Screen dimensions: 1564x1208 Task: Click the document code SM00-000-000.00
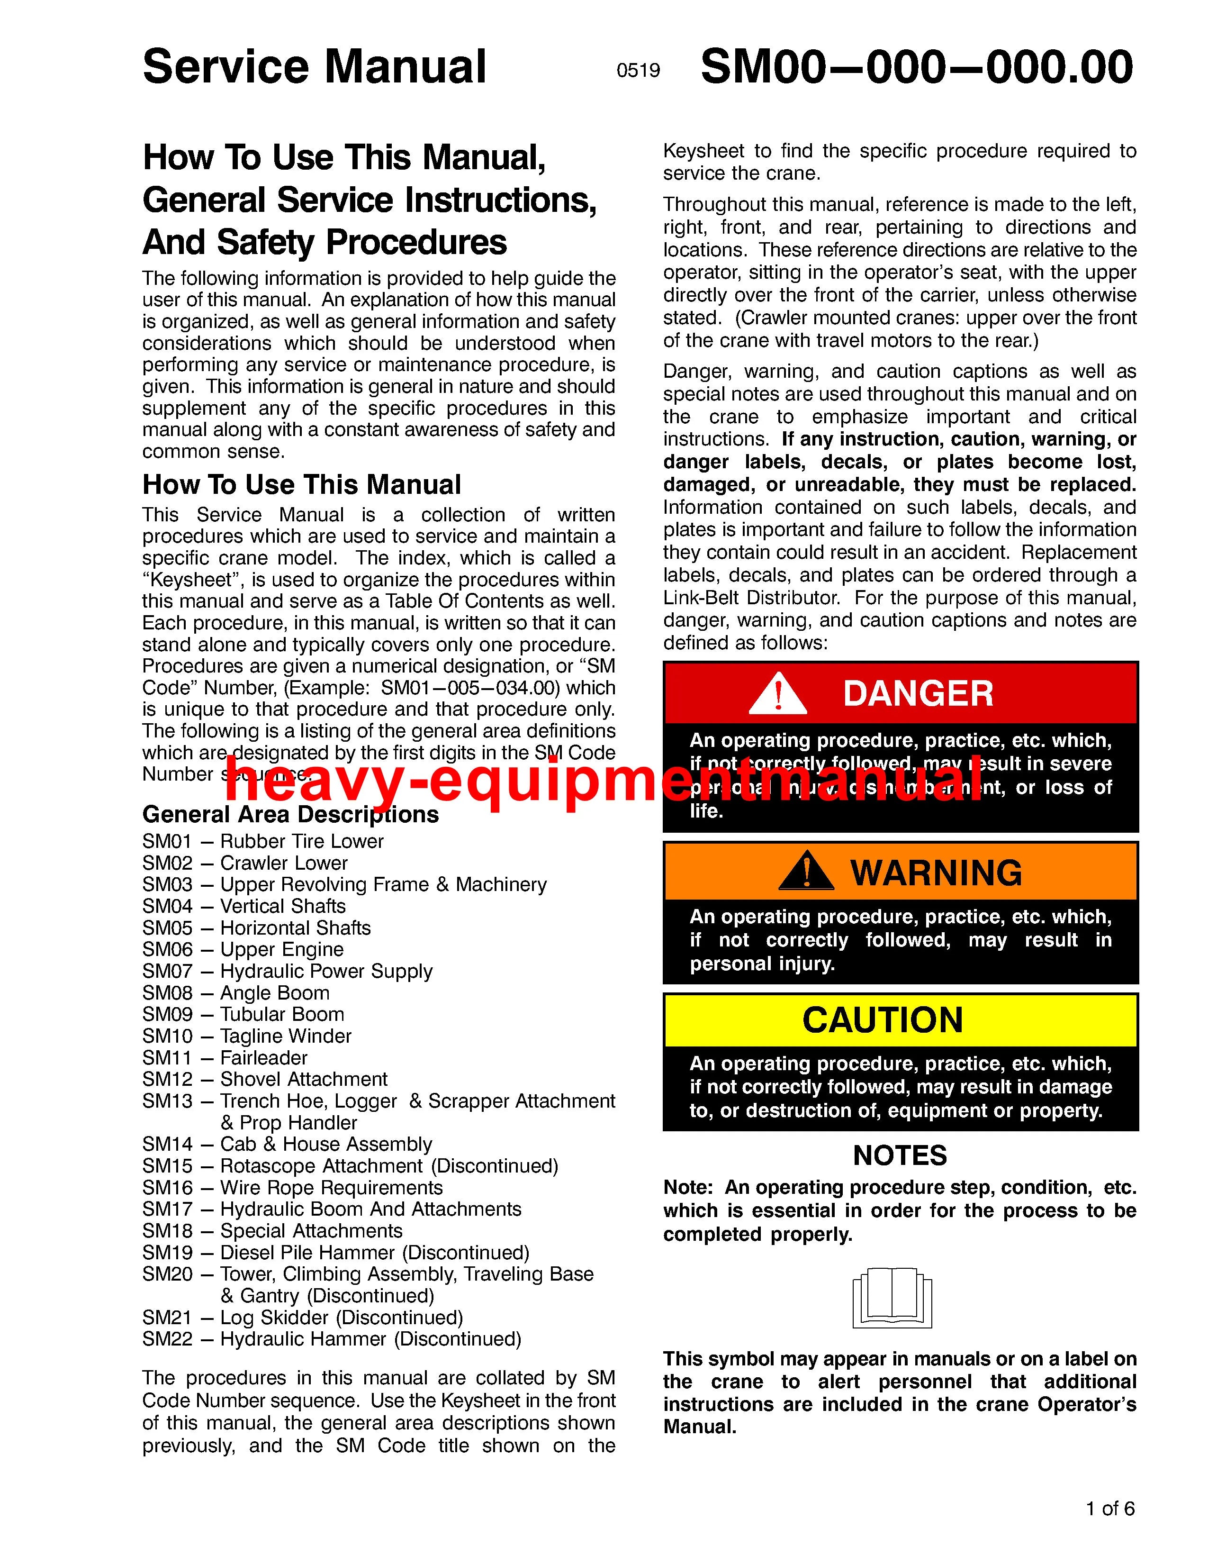[917, 67]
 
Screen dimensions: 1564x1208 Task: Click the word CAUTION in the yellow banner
[883, 1020]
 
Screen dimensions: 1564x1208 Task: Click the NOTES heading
[900, 1155]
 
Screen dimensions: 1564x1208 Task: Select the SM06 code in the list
[167, 950]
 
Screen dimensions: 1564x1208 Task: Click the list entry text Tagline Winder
[286, 1036]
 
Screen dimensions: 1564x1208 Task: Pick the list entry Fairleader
[263, 1058]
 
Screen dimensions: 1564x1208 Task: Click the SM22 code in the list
[167, 1339]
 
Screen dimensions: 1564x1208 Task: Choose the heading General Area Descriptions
[290, 814]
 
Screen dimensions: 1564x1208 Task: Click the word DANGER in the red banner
[918, 693]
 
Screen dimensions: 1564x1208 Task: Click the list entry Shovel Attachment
[304, 1079]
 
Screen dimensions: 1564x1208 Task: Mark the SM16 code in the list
[167, 1188]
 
